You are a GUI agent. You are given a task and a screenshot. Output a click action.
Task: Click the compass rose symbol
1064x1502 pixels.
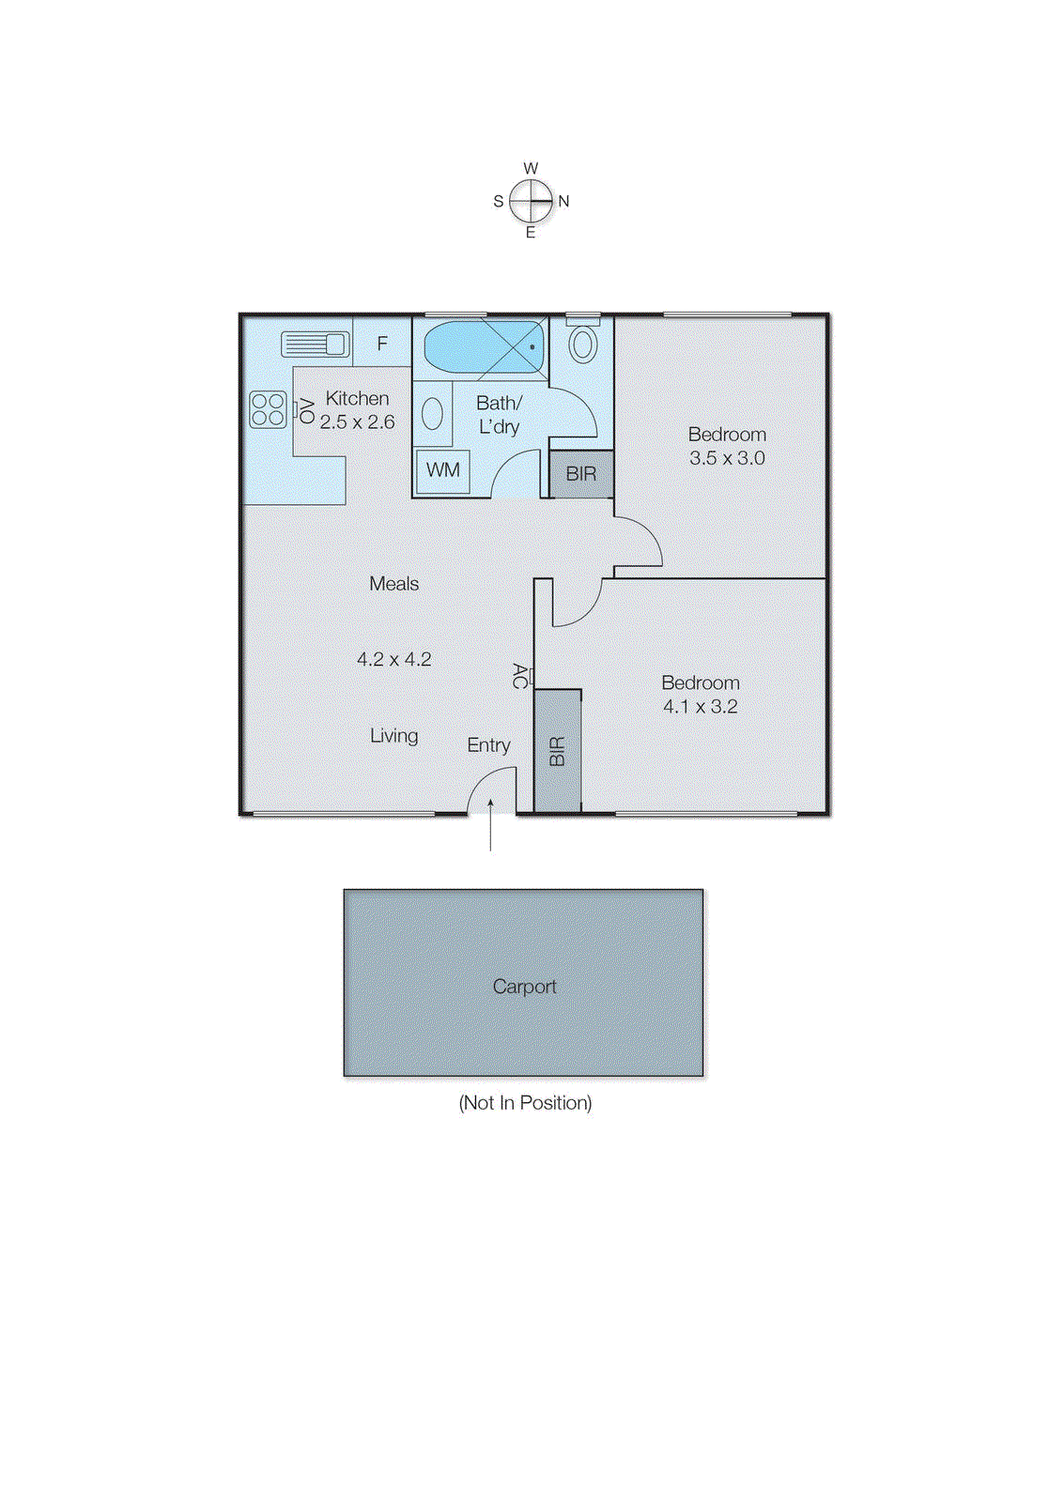point(531,201)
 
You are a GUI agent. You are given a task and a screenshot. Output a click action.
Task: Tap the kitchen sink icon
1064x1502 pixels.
point(316,345)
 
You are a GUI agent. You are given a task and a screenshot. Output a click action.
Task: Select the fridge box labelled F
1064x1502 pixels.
point(382,344)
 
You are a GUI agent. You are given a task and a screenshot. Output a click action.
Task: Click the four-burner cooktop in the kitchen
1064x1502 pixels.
point(268,409)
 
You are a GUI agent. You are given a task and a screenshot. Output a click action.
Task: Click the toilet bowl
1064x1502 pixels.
point(583,344)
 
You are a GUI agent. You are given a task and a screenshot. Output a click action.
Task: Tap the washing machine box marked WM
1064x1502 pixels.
point(443,469)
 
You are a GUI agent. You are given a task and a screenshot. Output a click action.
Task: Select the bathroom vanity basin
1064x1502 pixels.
point(432,414)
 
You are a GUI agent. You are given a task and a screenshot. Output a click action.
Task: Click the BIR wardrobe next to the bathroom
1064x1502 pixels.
point(581,474)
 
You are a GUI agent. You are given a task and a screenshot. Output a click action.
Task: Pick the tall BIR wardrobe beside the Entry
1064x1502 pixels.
point(558,751)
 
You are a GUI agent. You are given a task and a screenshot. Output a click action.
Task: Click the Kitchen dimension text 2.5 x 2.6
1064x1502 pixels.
point(357,422)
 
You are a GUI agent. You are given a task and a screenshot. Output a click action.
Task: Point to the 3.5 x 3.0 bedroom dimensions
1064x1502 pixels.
point(727,458)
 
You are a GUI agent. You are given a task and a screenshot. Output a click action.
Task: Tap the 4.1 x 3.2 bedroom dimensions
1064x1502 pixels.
point(701,707)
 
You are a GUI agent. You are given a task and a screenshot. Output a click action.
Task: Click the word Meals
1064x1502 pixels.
point(393,584)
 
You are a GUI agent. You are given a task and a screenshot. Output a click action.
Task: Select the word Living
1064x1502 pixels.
point(393,736)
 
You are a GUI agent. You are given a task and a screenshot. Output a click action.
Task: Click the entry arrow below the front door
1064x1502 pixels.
point(490,826)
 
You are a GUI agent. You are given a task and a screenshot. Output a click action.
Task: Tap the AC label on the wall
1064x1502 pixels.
point(519,676)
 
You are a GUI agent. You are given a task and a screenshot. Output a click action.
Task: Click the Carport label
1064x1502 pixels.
point(524,987)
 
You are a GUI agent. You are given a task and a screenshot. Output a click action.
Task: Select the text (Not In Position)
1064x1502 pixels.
point(525,1103)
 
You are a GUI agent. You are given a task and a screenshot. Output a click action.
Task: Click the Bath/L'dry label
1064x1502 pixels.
point(499,414)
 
